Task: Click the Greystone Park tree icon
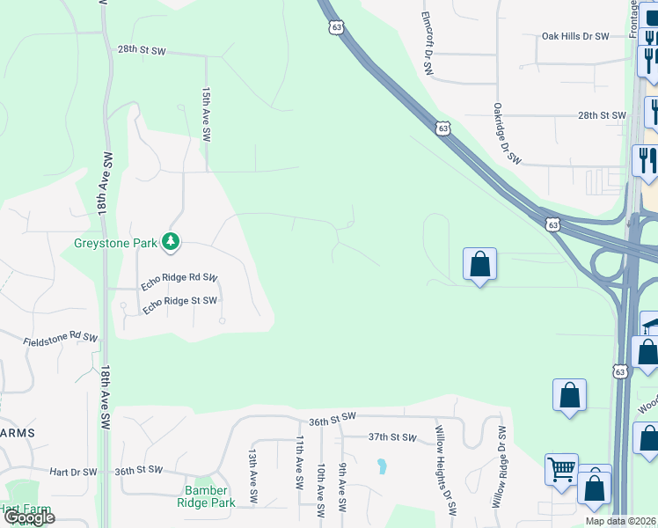171,241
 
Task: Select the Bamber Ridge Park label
209,496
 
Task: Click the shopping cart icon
561,468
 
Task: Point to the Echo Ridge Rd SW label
179,282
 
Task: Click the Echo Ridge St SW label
179,302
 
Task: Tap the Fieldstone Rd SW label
60,338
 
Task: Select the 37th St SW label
391,436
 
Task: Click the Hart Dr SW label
73,472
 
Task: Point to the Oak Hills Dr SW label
575,37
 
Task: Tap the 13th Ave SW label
252,470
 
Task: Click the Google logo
28,517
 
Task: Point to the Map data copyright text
621,521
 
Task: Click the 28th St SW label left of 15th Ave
142,51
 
